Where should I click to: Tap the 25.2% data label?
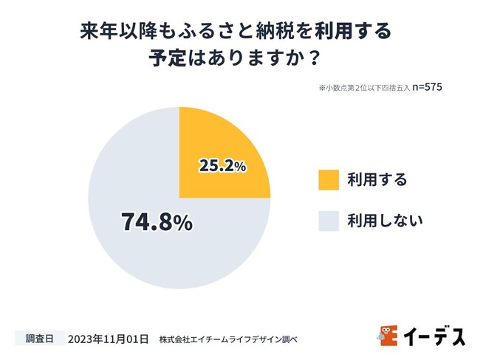(222, 166)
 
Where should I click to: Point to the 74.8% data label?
(156, 221)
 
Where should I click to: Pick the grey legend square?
(329, 221)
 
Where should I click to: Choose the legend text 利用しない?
(385, 221)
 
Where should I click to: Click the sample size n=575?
(428, 87)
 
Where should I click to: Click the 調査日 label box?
(39, 339)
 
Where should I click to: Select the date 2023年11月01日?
(108, 339)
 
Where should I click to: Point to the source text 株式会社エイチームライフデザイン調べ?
(227, 339)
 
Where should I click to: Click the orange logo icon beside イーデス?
(388, 336)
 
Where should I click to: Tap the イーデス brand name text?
(434, 336)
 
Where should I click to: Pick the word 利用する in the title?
(352, 32)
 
